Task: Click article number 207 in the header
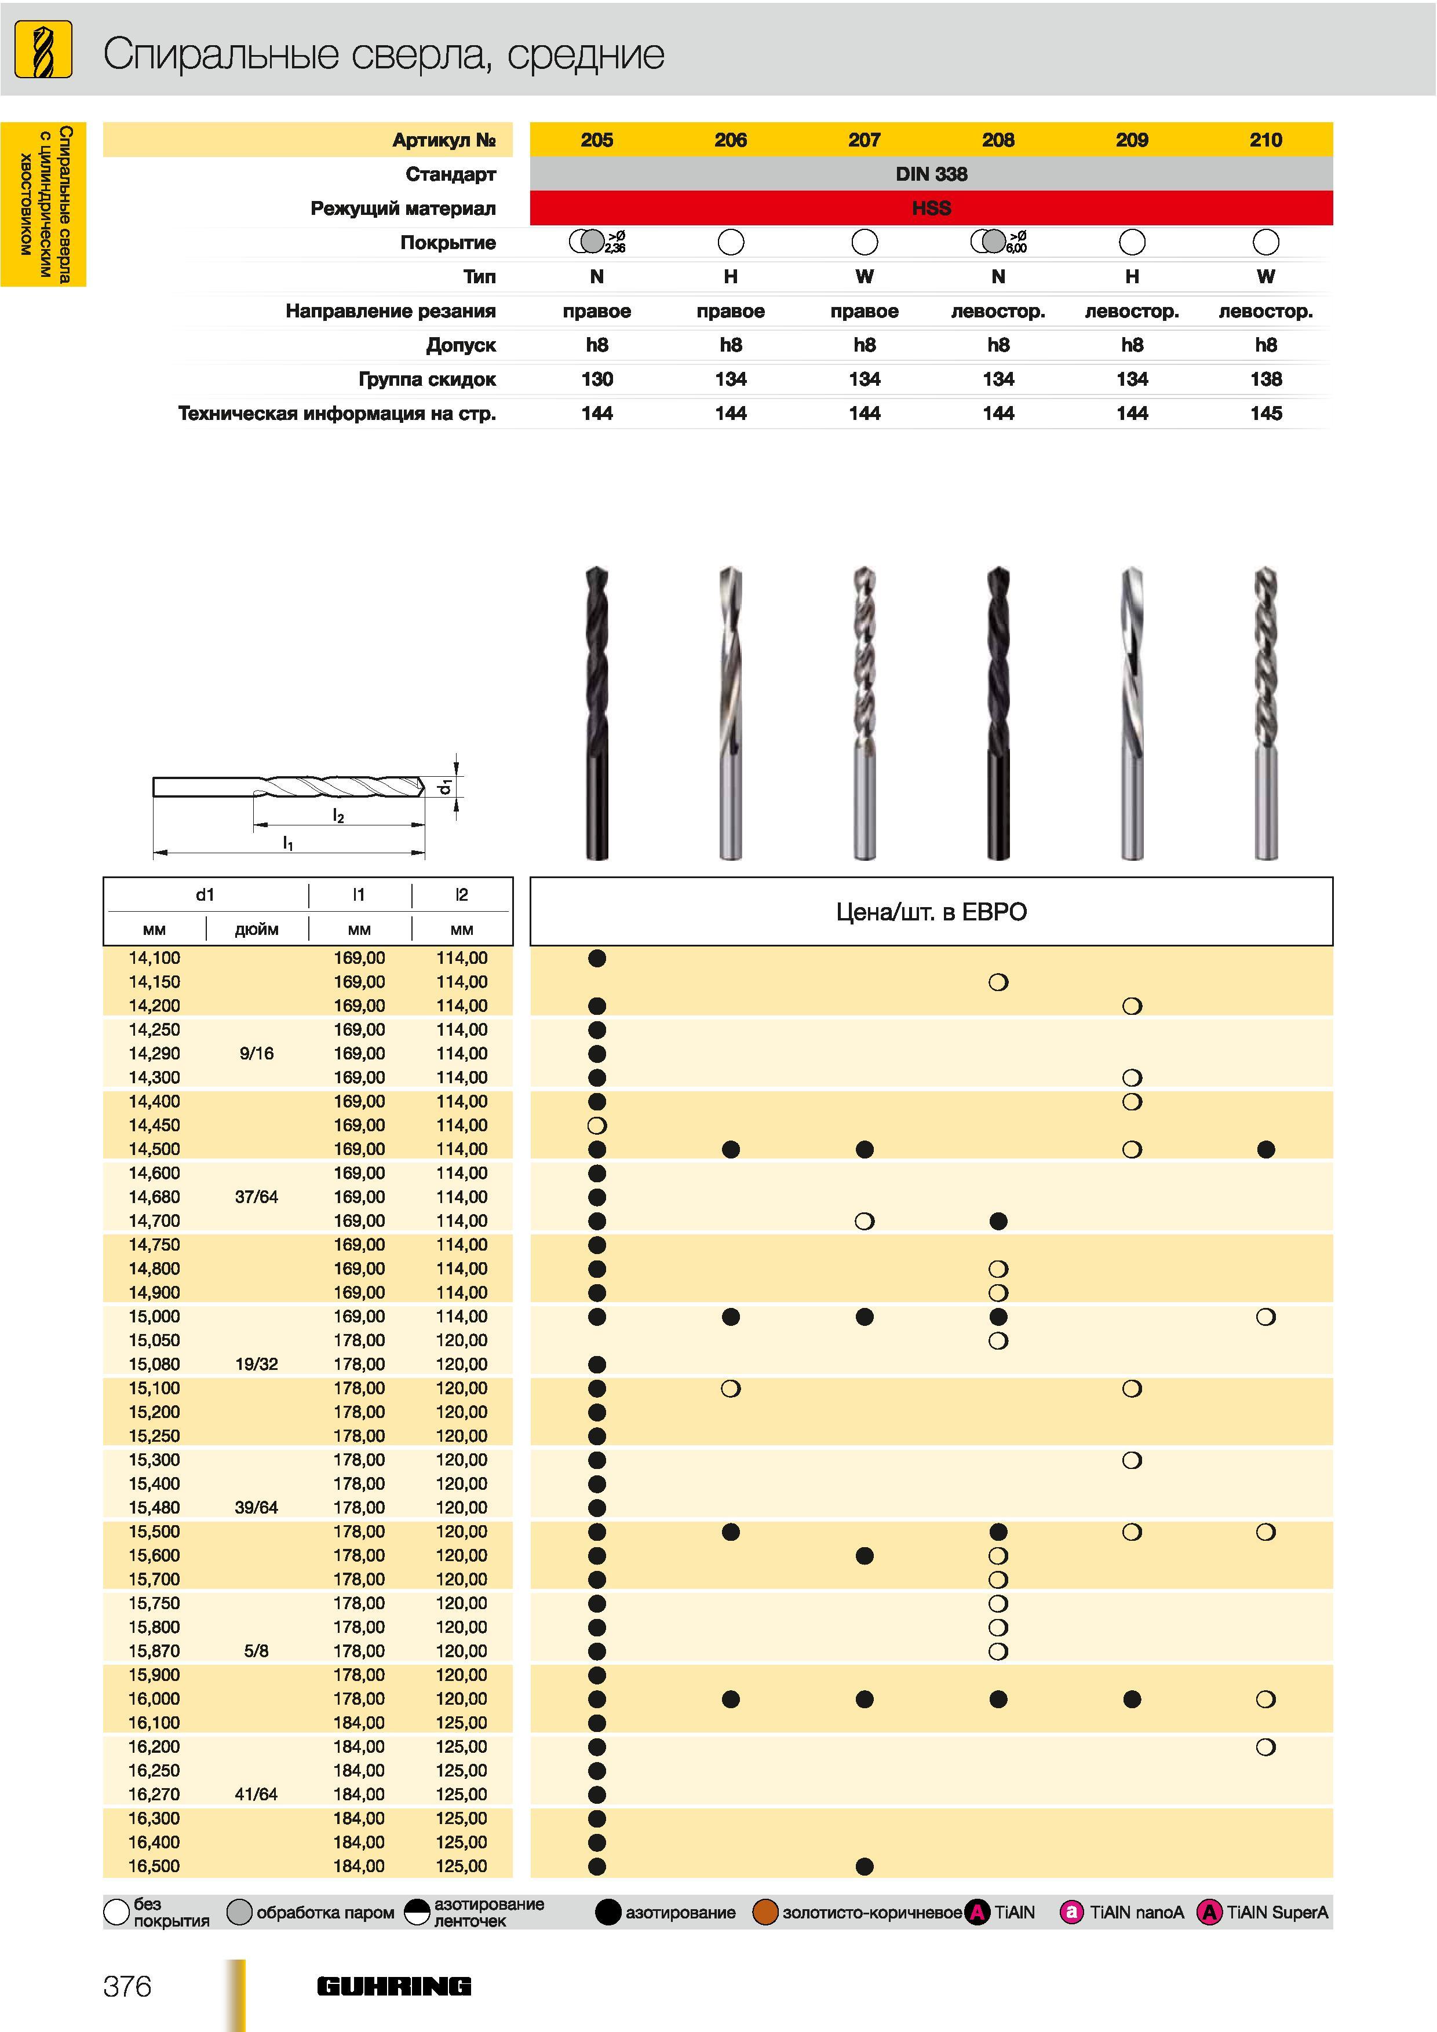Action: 864,140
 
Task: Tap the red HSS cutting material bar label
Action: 931,208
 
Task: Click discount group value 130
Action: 597,379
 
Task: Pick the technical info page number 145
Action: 1266,414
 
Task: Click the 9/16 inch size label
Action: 256,1053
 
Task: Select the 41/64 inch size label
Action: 256,1794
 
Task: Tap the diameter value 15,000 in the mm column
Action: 154,1316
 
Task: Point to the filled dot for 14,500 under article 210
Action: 1266,1149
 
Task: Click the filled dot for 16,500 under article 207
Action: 865,1866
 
